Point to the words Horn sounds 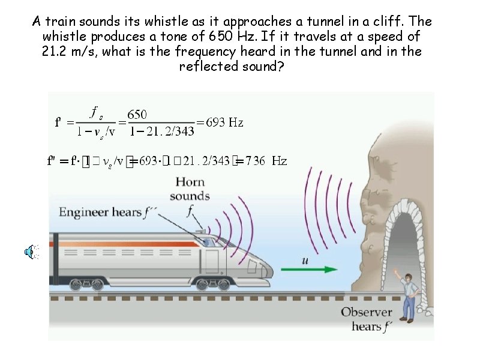pyautogui.click(x=189, y=188)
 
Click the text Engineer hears pyautogui.click(x=99, y=212)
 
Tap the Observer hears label pyautogui.click(x=366, y=319)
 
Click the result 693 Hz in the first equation pyautogui.click(x=224, y=123)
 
